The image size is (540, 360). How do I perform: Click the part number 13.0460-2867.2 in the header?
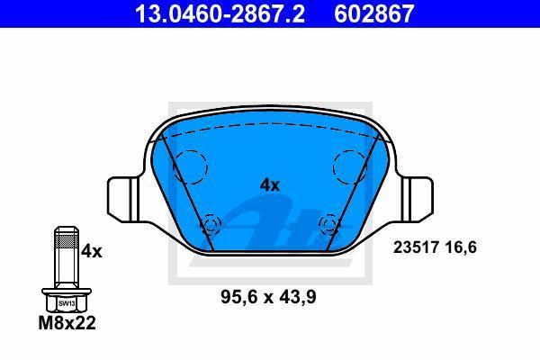(x=220, y=13)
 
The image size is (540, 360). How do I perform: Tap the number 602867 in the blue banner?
(x=373, y=13)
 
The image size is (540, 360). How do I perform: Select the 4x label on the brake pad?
(x=270, y=185)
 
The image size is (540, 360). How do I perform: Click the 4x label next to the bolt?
(x=91, y=251)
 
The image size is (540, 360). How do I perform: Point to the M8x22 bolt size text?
(x=67, y=323)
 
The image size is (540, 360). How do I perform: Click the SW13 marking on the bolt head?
(x=67, y=303)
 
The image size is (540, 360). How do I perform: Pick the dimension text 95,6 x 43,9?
(x=268, y=297)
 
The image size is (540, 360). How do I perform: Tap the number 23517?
(x=416, y=247)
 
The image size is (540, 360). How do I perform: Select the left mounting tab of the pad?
(x=124, y=199)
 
